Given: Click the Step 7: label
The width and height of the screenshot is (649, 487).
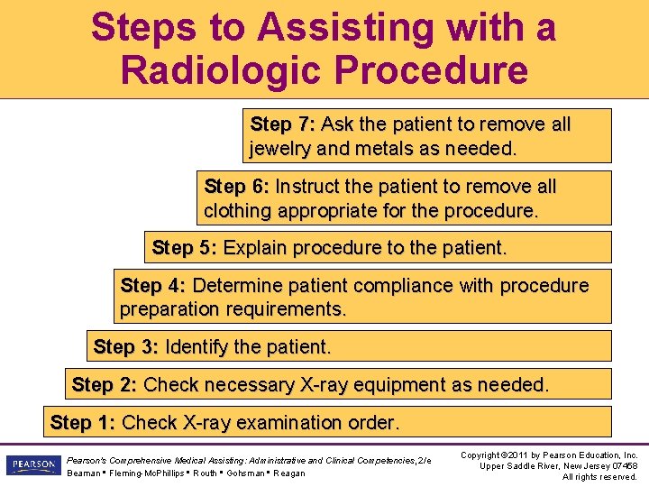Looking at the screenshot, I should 282,124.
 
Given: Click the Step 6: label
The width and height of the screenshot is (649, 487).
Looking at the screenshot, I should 236,187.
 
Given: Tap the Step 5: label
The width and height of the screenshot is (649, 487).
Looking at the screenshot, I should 184,247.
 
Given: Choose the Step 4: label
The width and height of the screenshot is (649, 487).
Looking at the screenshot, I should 152,286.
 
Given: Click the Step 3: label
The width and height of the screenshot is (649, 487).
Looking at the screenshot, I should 126,346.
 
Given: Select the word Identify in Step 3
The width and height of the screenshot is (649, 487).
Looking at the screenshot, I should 197,346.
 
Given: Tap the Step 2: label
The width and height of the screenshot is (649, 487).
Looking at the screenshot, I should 104,385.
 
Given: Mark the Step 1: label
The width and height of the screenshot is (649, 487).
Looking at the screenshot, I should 82,422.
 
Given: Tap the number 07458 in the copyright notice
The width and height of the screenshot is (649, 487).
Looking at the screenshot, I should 621,465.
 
